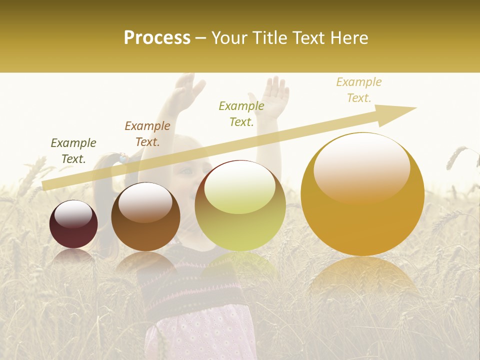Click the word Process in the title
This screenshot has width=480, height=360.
click(157, 38)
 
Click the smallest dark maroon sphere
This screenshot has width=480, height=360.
click(73, 224)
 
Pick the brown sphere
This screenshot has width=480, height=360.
click(145, 217)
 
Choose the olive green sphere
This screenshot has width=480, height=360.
click(240, 205)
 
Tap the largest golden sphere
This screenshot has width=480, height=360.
click(362, 194)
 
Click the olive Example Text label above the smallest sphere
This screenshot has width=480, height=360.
click(73, 150)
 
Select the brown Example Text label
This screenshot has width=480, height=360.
click(147, 133)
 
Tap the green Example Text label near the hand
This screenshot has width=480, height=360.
click(241, 113)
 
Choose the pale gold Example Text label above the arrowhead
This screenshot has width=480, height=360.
click(359, 89)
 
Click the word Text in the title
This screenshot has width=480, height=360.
click(310, 38)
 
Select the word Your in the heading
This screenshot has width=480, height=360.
click(229, 38)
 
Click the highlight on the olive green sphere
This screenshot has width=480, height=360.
click(239, 187)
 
